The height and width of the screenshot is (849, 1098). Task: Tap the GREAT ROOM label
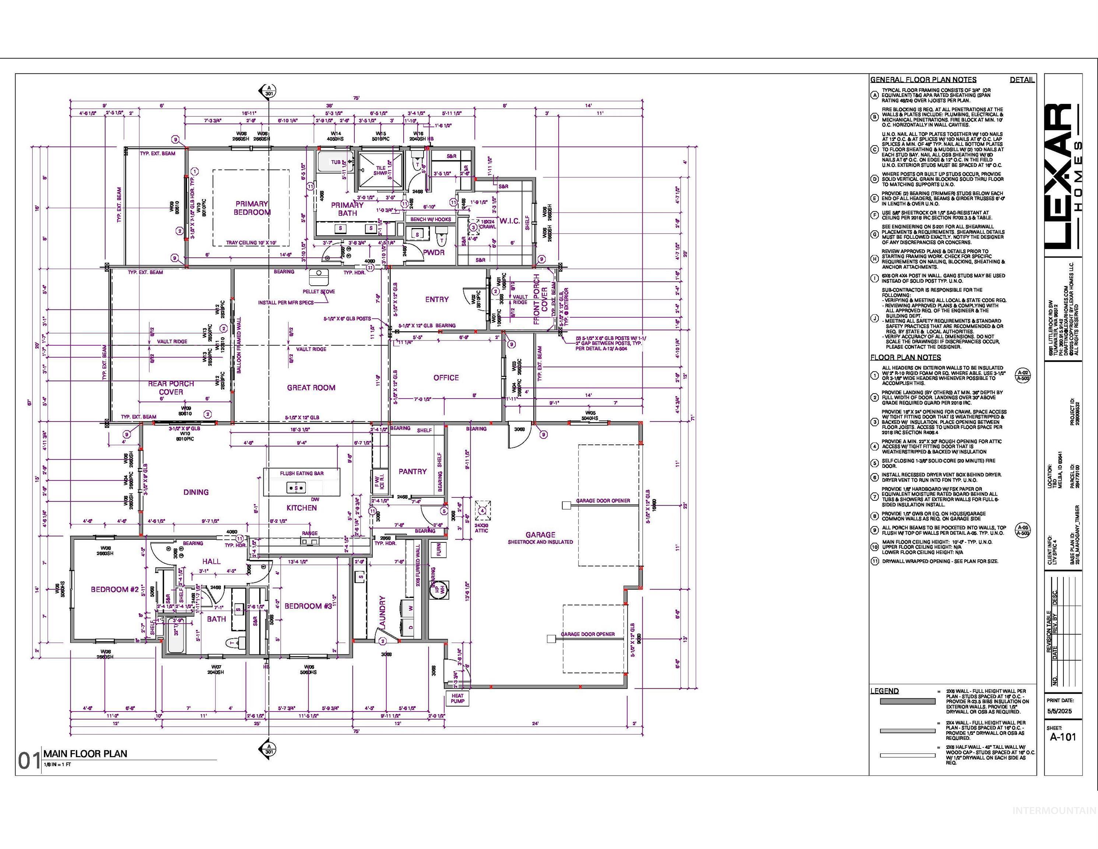[311, 387]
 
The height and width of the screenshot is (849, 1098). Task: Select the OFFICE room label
[446, 378]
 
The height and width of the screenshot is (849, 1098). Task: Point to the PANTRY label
[412, 471]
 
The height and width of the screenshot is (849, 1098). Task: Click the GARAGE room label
[540, 535]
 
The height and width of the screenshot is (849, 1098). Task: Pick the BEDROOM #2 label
[115, 589]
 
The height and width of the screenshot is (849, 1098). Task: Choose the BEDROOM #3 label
[308, 606]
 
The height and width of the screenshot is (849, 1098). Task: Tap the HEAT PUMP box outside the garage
[457, 698]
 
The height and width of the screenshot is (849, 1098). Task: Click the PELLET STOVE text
[319, 291]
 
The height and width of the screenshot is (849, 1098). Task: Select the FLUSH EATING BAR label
[302, 473]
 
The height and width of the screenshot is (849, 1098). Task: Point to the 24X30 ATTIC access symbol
[482, 510]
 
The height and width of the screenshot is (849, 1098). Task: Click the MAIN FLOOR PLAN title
[85, 754]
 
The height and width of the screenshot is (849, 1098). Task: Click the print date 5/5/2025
[1059, 711]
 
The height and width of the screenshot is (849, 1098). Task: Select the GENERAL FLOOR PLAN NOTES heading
[923, 80]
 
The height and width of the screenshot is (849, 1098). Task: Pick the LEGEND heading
[884, 691]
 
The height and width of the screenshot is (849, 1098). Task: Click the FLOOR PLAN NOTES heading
[905, 357]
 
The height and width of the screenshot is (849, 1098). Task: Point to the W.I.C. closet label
[509, 221]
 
